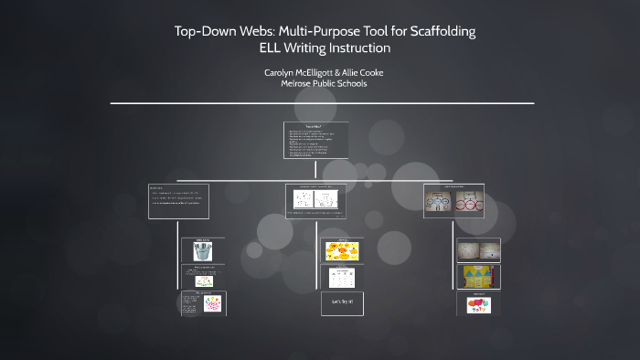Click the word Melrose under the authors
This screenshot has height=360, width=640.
tap(299, 83)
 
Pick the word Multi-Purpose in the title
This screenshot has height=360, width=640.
tap(293, 32)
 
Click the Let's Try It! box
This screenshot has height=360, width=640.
tap(340, 301)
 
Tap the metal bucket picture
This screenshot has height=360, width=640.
tap(202, 251)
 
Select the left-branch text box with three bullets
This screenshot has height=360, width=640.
tap(178, 201)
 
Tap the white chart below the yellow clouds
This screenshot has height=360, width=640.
tap(340, 276)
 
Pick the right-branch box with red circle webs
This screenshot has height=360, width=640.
tap(453, 201)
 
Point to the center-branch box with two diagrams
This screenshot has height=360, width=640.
tap(315, 201)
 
